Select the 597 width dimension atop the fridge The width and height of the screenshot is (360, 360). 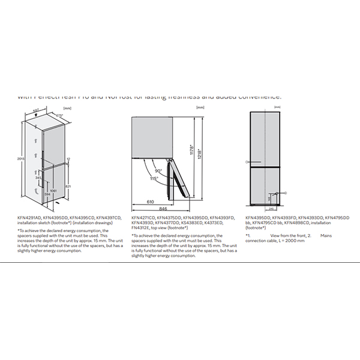point(36,110)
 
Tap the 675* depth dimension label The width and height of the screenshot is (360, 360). point(59,115)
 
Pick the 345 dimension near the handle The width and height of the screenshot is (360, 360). point(38,178)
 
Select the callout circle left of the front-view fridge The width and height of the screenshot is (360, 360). point(247,162)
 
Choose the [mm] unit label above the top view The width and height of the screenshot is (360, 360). point(200,107)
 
